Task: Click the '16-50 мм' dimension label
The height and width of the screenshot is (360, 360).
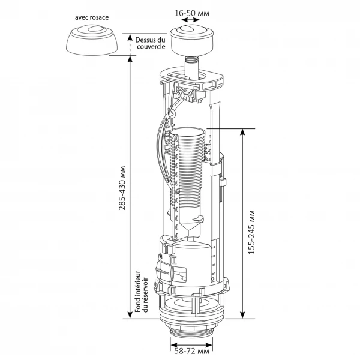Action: [192, 13]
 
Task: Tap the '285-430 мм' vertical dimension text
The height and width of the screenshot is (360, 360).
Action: [122, 188]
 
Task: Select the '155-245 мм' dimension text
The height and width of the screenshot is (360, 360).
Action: [251, 232]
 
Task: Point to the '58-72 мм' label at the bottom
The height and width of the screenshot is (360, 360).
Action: [192, 351]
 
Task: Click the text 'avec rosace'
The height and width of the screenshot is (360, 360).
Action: [92, 17]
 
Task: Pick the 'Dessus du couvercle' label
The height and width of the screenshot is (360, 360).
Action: [151, 43]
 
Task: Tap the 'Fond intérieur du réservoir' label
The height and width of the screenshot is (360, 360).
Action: [141, 292]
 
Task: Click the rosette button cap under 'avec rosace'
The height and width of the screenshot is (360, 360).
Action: [92, 40]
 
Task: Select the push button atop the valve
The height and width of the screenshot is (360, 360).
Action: [192, 40]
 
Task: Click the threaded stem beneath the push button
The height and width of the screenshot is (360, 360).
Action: [192, 67]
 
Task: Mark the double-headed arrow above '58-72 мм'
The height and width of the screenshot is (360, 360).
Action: [192, 346]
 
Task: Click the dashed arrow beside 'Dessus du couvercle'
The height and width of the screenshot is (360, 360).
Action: [130, 44]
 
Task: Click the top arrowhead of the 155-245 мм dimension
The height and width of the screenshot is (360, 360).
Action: [242, 132]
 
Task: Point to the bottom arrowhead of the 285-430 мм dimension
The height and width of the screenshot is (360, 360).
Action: [130, 315]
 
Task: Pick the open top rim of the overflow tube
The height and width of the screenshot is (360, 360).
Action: [188, 132]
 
